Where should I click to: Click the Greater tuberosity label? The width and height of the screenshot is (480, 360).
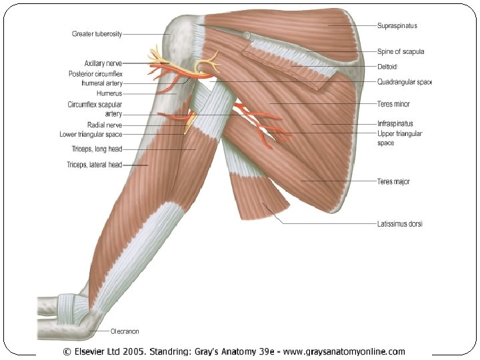[97, 33]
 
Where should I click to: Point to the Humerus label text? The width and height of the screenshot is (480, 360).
[109, 94]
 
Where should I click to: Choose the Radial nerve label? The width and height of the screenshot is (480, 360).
[104, 125]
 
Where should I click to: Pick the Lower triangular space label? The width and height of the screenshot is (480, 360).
[91, 135]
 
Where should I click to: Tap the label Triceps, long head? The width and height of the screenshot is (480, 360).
[97, 149]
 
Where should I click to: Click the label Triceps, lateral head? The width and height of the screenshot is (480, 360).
[94, 165]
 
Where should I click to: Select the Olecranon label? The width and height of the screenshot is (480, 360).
[125, 331]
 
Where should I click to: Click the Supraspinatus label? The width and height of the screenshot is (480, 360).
[397, 25]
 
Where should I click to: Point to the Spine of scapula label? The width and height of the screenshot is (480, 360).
[401, 51]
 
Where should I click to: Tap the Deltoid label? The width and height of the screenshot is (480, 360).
[388, 67]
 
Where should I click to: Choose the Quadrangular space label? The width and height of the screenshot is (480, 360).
[405, 82]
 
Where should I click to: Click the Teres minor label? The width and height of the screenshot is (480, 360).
[393, 104]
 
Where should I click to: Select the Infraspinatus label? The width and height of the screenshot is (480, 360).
[395, 123]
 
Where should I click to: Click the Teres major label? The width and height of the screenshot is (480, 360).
[393, 181]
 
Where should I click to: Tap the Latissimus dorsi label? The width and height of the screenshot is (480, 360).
[400, 224]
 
